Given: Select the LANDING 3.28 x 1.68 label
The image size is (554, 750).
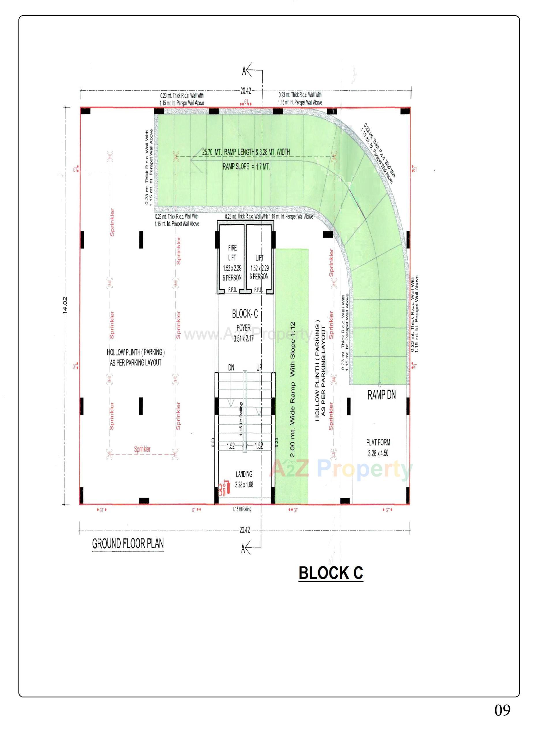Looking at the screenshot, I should click(244, 479).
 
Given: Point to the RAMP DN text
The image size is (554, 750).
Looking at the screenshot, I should click(381, 396).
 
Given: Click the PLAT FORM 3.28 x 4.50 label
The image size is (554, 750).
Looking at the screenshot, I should click(378, 448).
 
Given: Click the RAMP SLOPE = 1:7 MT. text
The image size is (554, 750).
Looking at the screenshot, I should click(246, 166).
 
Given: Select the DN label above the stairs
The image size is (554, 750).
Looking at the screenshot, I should click(231, 367).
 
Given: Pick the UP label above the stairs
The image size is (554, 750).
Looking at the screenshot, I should click(259, 367).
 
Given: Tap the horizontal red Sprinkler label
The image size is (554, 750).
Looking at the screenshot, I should click(142, 449).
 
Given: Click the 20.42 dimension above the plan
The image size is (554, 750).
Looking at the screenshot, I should click(246, 90).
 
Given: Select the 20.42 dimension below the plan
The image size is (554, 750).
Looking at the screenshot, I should click(244, 530).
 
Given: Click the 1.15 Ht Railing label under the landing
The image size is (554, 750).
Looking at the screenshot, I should click(242, 509).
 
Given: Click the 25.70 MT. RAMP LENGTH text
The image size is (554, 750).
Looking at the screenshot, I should click(246, 152).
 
